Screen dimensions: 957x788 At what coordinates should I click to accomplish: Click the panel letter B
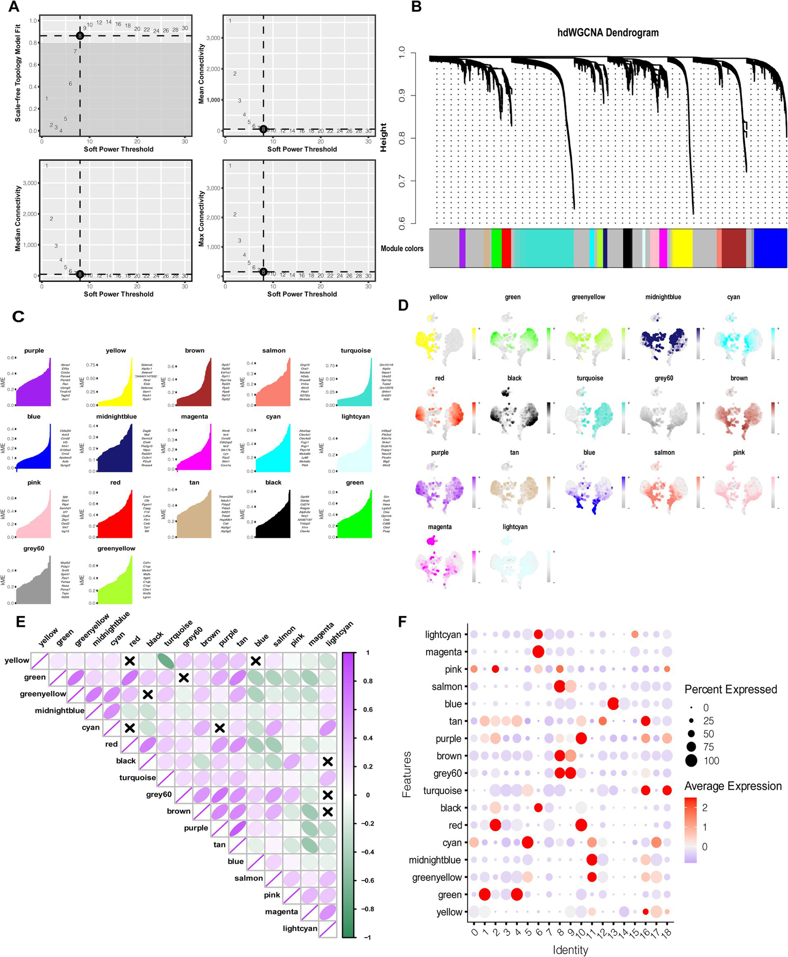click(x=416, y=8)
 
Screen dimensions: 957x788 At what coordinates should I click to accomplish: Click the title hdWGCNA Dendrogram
click(x=608, y=33)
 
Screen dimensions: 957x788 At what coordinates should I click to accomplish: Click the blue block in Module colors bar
click(x=770, y=248)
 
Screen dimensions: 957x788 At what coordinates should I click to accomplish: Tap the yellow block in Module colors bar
click(x=682, y=248)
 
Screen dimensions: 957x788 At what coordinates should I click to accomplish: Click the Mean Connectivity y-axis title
click(x=202, y=73)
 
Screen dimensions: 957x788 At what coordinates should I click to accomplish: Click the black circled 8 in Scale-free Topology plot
click(x=80, y=36)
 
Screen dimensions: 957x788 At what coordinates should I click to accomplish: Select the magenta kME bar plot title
click(x=195, y=416)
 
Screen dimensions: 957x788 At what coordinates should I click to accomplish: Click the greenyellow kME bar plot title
click(x=116, y=548)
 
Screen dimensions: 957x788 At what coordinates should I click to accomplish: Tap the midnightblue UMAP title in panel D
click(x=663, y=297)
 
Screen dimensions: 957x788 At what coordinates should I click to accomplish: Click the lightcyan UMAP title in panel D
click(x=515, y=527)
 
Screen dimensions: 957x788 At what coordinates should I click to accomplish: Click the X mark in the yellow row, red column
click(x=130, y=661)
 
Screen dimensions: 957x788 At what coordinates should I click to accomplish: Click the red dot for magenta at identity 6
click(x=538, y=652)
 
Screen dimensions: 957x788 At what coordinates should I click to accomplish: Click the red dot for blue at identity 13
click(x=612, y=704)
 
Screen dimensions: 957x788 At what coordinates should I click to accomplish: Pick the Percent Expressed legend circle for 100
click(x=692, y=760)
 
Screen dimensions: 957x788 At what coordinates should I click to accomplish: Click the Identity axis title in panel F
click(x=570, y=950)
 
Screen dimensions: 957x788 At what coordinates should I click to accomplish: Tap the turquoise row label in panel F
click(x=443, y=791)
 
